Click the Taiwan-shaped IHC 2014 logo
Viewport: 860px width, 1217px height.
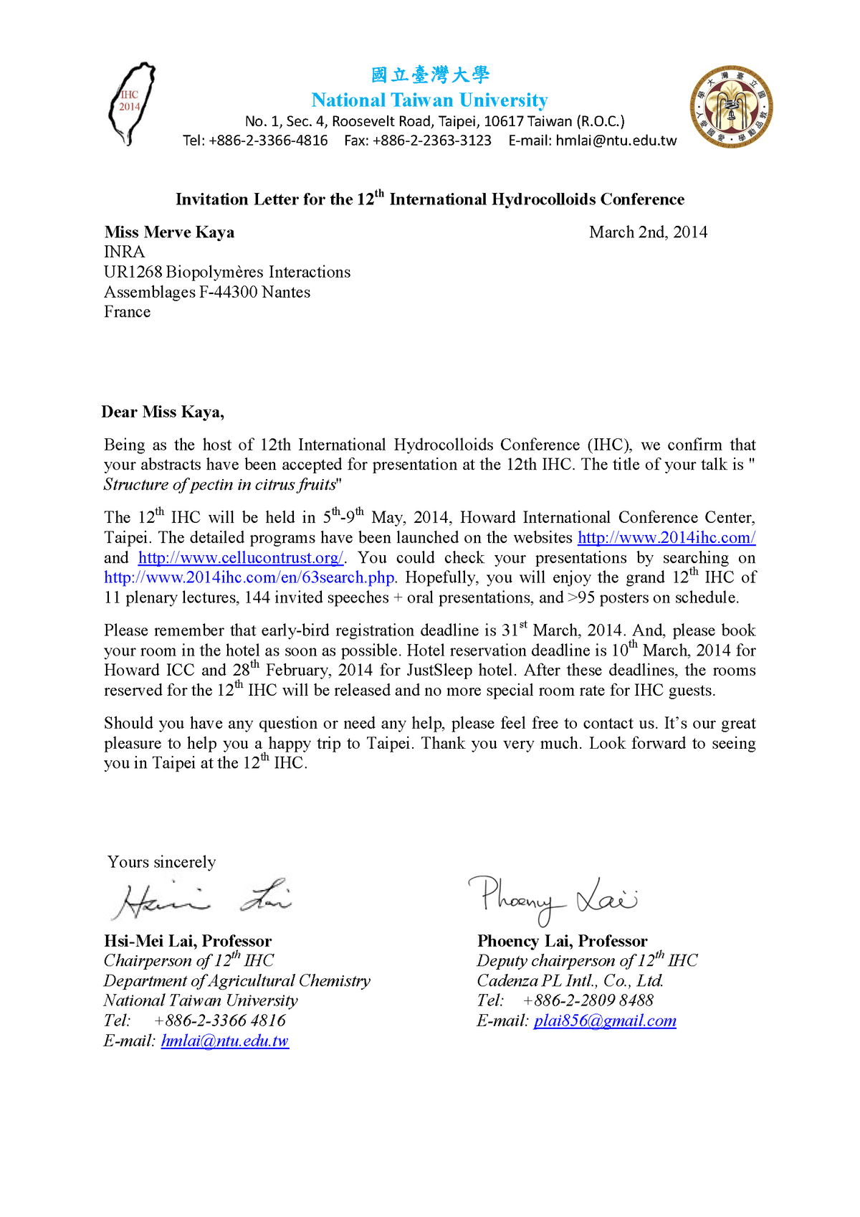click(x=131, y=104)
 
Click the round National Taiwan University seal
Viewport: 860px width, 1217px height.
click(x=732, y=107)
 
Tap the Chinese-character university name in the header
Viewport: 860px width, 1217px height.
click(x=430, y=75)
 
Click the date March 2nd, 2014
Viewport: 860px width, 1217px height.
click(x=648, y=232)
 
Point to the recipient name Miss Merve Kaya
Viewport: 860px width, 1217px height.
click(x=169, y=232)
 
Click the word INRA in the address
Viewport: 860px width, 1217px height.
click(x=124, y=252)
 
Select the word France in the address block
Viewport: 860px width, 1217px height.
click(x=127, y=312)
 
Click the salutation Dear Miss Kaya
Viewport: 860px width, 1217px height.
click(x=163, y=412)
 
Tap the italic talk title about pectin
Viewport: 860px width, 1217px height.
click(x=220, y=485)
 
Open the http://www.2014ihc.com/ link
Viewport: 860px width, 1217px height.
click(x=666, y=538)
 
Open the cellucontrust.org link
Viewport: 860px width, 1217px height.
click(x=241, y=558)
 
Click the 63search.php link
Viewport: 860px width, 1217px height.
click(x=249, y=578)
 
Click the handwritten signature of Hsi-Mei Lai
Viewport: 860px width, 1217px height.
click(x=201, y=899)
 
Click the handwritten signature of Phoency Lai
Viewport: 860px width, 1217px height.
click(x=552, y=896)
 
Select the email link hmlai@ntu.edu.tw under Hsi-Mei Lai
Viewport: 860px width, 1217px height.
click(x=224, y=1041)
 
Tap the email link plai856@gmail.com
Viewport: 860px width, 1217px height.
click(x=605, y=1021)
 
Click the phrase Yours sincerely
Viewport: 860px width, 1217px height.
click(x=161, y=862)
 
